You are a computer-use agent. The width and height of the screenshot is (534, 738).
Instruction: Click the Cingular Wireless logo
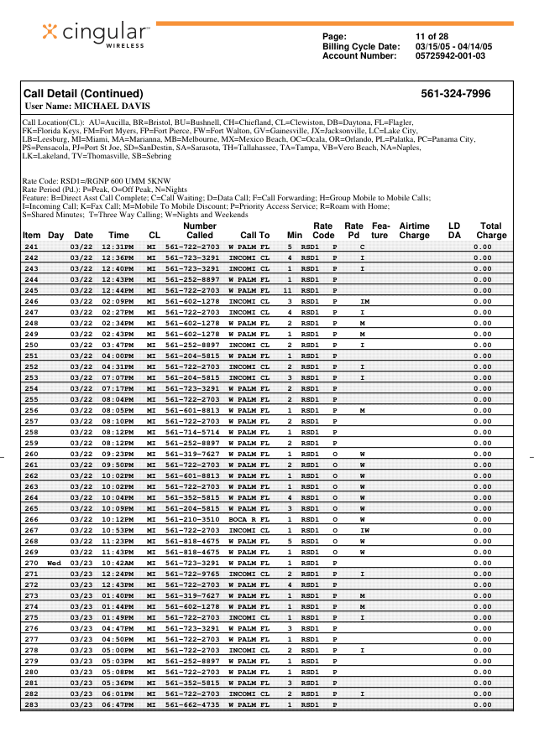pos(95,35)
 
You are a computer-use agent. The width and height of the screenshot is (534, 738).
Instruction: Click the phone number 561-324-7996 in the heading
pos(456,94)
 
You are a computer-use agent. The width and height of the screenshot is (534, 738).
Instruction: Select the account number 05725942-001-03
pos(450,55)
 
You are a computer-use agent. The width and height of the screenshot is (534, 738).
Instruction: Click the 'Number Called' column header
pos(200,231)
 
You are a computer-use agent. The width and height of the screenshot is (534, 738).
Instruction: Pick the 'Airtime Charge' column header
pos(414,231)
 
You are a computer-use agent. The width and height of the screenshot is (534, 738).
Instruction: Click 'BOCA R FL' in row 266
pos(249,517)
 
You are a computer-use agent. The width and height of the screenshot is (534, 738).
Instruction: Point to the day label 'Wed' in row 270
pos(55,562)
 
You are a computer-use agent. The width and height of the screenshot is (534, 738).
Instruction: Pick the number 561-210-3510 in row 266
pos(192,517)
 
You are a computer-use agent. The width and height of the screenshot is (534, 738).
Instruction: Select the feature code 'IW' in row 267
pos(364,530)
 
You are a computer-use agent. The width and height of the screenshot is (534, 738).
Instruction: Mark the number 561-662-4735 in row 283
pos(192,705)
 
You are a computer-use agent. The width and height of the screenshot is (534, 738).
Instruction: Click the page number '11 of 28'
pos(432,37)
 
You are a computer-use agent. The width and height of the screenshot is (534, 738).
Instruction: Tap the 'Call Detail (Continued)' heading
pos(83,94)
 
